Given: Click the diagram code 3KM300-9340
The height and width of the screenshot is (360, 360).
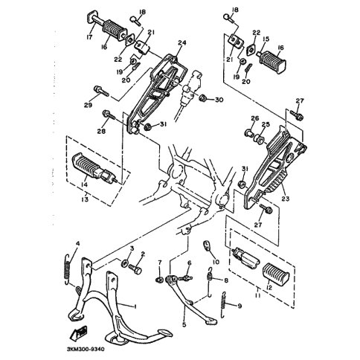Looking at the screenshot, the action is tap(86, 349).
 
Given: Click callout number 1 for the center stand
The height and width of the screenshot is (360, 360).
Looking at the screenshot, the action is tap(135, 306).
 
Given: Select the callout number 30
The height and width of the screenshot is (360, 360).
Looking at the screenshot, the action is tap(219, 100).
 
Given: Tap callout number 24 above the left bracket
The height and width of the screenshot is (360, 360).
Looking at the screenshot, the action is tap(182, 43).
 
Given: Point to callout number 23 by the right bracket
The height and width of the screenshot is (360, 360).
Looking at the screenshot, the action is tap(286, 199).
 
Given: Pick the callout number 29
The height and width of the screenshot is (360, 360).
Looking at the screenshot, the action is tap(88, 105).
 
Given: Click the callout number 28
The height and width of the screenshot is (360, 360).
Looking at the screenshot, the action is tap(101, 131).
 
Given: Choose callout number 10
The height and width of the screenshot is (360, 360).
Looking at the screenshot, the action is tap(216, 262).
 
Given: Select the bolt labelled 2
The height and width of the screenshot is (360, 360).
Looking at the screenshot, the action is tap(135, 269).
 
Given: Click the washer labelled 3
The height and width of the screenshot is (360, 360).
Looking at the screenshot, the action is tap(124, 263).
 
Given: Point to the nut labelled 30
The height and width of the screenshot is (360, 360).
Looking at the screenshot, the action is tap(202, 97).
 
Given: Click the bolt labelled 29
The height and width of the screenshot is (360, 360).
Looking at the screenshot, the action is tap(101, 91).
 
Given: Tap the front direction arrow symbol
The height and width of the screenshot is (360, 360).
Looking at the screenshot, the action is tap(78, 331).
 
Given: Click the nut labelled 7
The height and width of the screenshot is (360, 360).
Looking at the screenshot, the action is tap(158, 280).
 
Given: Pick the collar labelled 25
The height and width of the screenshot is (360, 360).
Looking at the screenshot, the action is tap(259, 138).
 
